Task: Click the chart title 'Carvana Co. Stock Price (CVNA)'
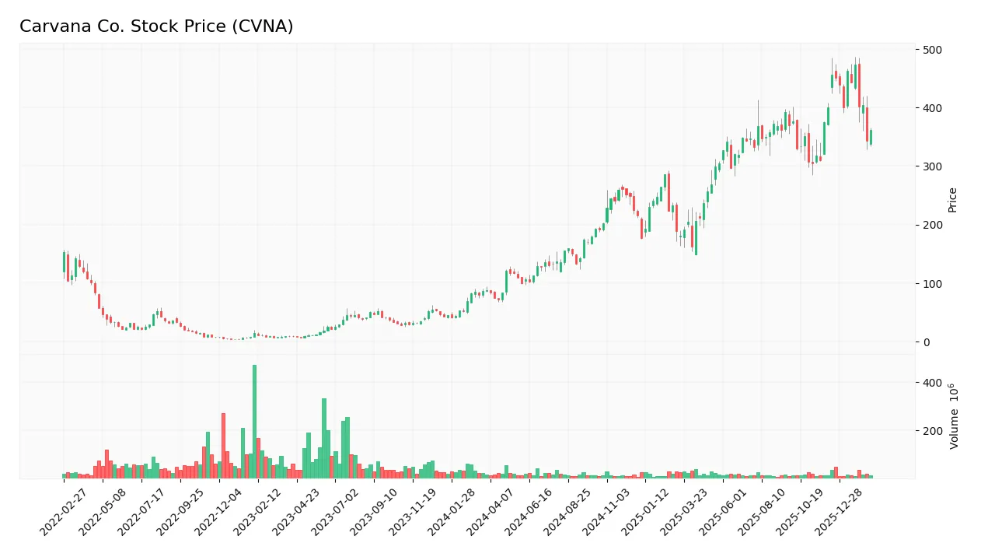click(156, 26)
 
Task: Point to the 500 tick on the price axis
click(932, 50)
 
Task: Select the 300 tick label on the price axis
click(932, 166)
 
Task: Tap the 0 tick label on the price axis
click(927, 342)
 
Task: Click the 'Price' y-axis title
click(952, 200)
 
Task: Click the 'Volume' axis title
click(954, 415)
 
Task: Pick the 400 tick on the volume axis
click(932, 383)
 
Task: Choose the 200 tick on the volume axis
click(932, 431)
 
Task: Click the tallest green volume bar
click(254, 421)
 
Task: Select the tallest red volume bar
click(223, 445)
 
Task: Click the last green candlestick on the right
click(871, 137)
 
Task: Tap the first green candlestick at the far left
click(64, 261)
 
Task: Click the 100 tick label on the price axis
click(932, 284)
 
